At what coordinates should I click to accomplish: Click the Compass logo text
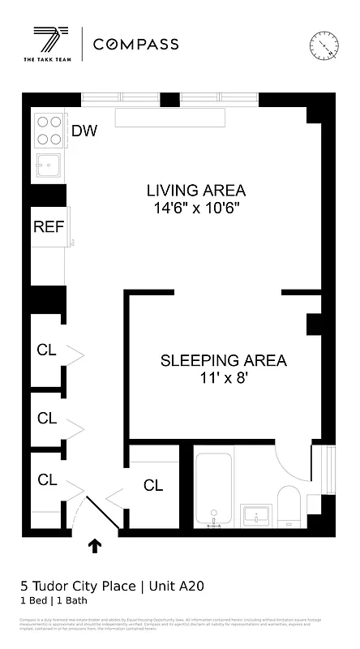tap(136, 45)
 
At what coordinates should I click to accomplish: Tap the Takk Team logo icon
tap(50, 41)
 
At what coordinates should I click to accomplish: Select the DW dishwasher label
tap(84, 131)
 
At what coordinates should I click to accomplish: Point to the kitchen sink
tap(49, 165)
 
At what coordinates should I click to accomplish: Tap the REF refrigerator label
tap(48, 226)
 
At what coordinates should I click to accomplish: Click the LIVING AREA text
tap(195, 191)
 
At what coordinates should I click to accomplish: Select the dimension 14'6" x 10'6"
tap(195, 208)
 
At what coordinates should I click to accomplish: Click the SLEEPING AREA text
tap(223, 360)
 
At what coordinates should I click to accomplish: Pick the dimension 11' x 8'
tap(223, 378)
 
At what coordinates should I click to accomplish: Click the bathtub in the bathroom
tap(214, 491)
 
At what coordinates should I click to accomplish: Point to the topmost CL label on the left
tap(47, 350)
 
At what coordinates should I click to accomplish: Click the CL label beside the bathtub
tap(153, 486)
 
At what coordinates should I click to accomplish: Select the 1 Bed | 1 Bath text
tap(54, 601)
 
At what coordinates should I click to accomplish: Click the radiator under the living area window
tap(169, 118)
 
